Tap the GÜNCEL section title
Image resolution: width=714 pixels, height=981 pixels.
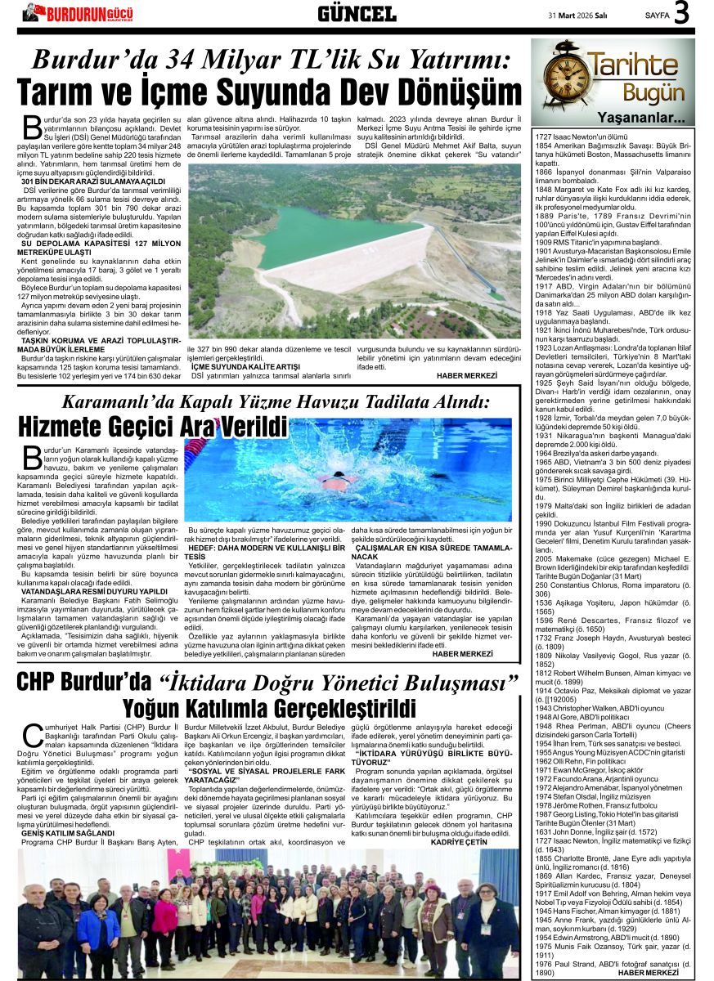pyautogui.click(x=357, y=14)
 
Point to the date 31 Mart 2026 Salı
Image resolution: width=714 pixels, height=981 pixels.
pyautogui.click(x=583, y=15)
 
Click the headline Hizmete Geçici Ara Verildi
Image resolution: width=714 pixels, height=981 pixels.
pyautogui.click(x=153, y=427)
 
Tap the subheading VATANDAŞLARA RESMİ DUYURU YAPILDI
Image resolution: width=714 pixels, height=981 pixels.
pyautogui.click(x=94, y=591)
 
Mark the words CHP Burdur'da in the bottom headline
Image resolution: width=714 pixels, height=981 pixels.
pyautogui.click(x=84, y=682)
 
